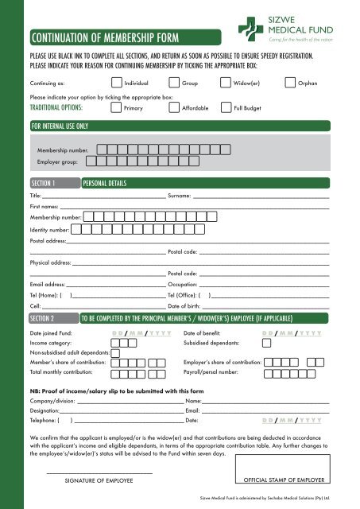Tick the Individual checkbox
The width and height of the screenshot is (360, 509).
point(117,82)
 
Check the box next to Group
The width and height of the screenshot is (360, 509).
point(174,82)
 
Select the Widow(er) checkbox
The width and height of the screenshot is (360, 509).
point(226,82)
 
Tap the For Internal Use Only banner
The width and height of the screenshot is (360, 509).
point(60,126)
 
